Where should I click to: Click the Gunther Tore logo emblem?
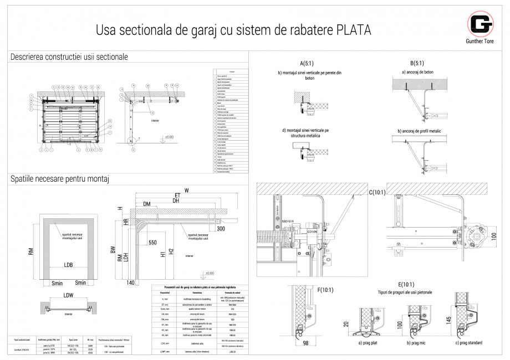click(x=480, y=24)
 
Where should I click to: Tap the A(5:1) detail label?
click(x=308, y=63)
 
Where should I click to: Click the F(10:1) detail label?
click(x=325, y=289)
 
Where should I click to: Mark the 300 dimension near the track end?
click(x=221, y=228)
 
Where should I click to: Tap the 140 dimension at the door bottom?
click(x=131, y=283)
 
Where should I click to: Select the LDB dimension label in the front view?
click(x=68, y=264)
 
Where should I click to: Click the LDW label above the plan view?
click(x=68, y=295)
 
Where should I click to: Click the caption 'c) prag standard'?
click(x=468, y=342)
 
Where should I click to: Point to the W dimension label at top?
click(x=186, y=191)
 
